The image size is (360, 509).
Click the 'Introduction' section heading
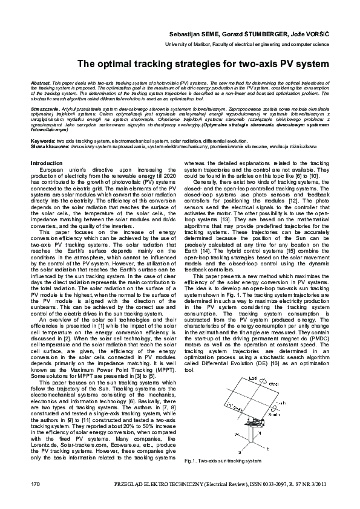[x=47, y=163]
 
